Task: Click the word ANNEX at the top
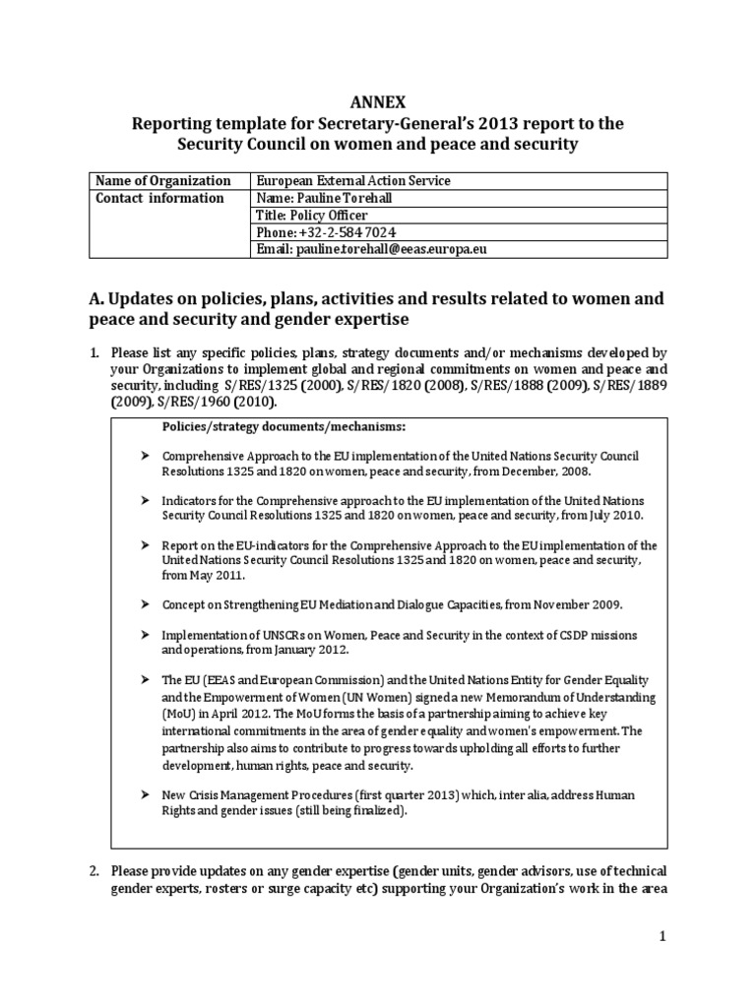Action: (378, 101)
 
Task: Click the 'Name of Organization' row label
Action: (162, 181)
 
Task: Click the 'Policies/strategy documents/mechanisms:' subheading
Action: (283, 425)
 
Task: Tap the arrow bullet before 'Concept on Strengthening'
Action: (144, 603)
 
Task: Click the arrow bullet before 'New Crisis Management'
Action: (144, 794)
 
